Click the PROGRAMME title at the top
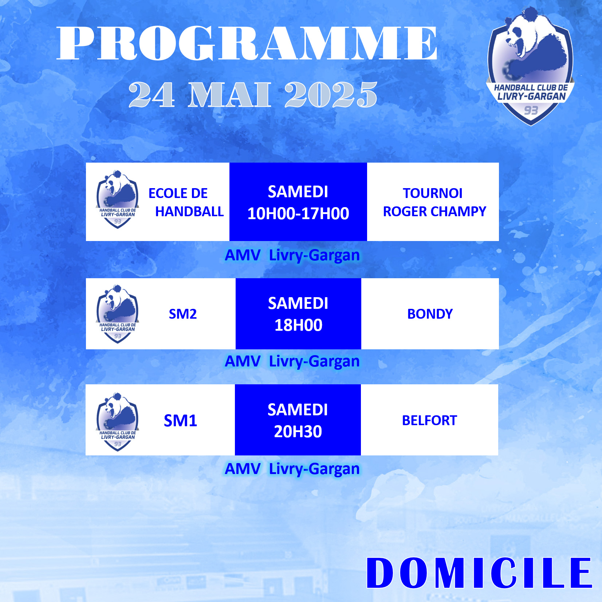click(247, 43)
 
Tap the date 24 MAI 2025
click(253, 94)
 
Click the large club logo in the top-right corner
click(530, 66)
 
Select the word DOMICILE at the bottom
click(479, 572)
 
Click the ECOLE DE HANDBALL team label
click(186, 202)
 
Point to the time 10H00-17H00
click(298, 213)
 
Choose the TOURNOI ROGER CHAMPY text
click(434, 202)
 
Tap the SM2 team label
click(183, 314)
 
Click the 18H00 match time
click(298, 325)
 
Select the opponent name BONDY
click(430, 314)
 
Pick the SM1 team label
click(180, 421)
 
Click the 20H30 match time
click(298, 432)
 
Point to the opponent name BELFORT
click(429, 420)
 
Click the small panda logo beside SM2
click(118, 314)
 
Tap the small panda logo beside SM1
click(118, 422)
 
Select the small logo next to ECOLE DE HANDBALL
click(118, 199)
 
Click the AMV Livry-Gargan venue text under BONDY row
click(292, 362)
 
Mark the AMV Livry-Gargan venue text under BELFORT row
click(292, 469)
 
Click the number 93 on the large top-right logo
click(531, 110)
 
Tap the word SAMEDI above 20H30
click(298, 410)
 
